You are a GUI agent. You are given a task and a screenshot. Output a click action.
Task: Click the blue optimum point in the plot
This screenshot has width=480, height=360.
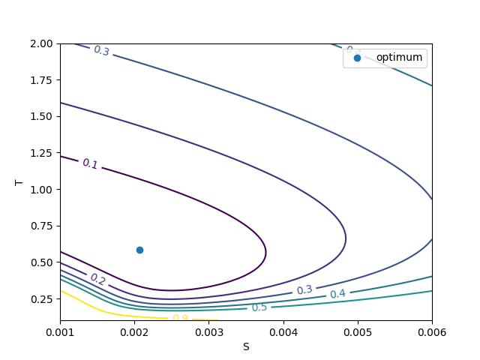pyautogui.click(x=139, y=250)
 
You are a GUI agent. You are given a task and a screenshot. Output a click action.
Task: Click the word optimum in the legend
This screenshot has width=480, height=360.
pyautogui.click(x=400, y=57)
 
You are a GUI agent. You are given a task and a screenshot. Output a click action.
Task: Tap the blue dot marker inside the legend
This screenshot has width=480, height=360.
pyautogui.click(x=357, y=57)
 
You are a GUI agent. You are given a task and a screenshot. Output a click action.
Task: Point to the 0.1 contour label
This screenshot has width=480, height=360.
pyautogui.click(x=90, y=163)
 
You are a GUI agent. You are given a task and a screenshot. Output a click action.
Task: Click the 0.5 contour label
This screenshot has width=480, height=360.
pyautogui.click(x=259, y=307)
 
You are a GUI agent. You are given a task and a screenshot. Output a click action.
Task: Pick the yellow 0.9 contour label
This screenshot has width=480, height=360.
pyautogui.click(x=180, y=318)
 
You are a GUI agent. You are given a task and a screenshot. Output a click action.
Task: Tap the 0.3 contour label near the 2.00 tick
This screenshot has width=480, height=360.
pyautogui.click(x=101, y=51)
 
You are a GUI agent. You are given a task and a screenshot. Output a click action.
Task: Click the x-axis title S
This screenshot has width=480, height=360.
pyautogui.click(x=246, y=346)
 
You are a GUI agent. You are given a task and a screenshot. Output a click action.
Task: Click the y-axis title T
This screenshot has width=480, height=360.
pyautogui.click(x=19, y=182)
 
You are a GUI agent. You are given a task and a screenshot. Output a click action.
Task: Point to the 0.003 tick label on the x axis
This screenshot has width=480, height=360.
pyautogui.click(x=208, y=331)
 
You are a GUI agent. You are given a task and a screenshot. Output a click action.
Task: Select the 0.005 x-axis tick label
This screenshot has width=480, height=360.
pyautogui.click(x=357, y=331)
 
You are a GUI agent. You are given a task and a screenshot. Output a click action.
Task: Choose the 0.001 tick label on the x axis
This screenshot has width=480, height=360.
pyautogui.click(x=60, y=331)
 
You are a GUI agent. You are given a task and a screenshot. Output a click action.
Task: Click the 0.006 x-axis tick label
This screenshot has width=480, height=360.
pyautogui.click(x=431, y=331)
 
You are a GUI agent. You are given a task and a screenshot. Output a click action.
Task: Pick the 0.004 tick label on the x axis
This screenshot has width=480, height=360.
pyautogui.click(x=283, y=331)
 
